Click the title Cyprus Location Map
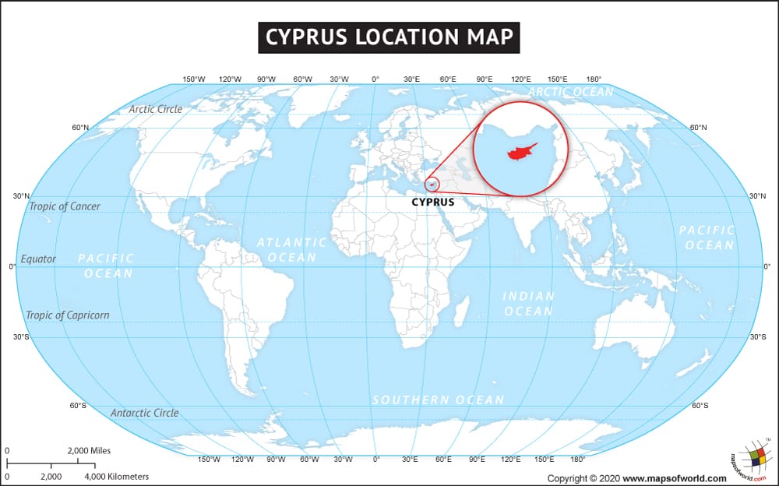389,37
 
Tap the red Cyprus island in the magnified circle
520,152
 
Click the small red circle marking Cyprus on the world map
433,184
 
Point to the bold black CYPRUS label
433,202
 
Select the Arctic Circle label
156,109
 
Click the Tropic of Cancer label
65,206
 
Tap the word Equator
38,259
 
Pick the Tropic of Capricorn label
68,315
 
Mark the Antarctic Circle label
144,413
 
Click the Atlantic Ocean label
292,250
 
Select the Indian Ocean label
528,304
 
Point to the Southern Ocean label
438,400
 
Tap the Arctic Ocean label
571,92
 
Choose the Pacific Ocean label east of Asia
707,238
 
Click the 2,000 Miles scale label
89,451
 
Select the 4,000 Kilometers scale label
116,476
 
